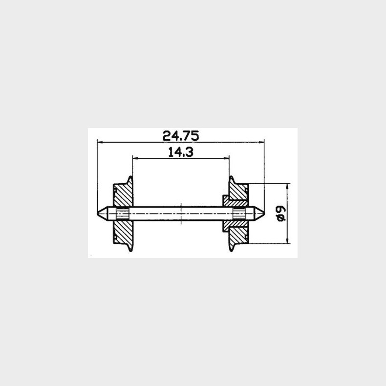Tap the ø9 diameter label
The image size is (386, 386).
pos(280,214)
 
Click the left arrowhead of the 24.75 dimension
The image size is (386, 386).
pos(100,142)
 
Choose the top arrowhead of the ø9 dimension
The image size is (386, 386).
pos(288,186)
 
